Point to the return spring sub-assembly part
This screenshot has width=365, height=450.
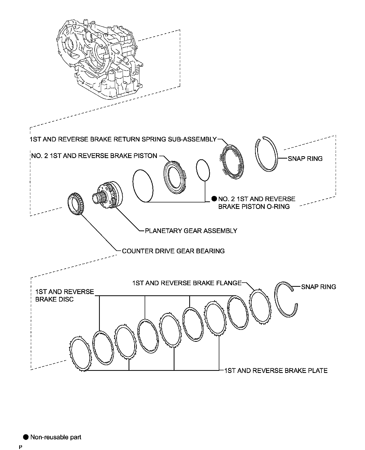[233, 162]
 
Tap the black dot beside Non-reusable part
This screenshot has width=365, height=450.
[26, 437]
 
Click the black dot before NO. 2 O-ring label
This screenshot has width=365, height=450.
[214, 199]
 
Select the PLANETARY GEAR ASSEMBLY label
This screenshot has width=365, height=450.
[191, 231]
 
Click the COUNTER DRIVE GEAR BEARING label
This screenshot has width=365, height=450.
[173, 251]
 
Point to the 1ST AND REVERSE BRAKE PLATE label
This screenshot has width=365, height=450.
[276, 370]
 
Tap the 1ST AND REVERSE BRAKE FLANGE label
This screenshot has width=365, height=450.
[187, 283]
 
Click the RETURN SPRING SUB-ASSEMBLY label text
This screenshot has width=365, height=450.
[123, 139]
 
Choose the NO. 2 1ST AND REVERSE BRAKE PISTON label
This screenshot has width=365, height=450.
[94, 156]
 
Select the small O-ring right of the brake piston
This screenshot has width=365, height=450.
[203, 170]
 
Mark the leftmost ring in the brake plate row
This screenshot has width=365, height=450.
[81, 354]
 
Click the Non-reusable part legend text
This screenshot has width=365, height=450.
[56, 437]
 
